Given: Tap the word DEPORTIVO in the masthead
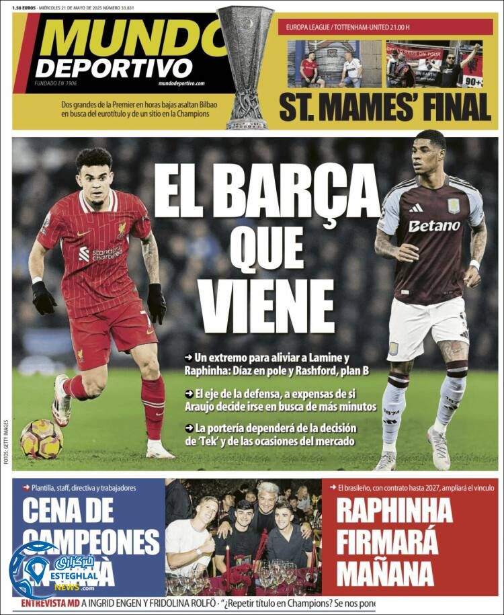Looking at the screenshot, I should [x=114, y=68].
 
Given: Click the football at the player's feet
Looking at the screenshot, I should [x=41, y=439].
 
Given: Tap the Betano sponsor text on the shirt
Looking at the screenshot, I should [x=434, y=226].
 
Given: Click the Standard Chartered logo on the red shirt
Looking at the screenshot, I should [x=101, y=253].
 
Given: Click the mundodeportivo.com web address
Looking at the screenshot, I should [x=181, y=83].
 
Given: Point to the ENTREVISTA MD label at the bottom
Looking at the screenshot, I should [x=50, y=604].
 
